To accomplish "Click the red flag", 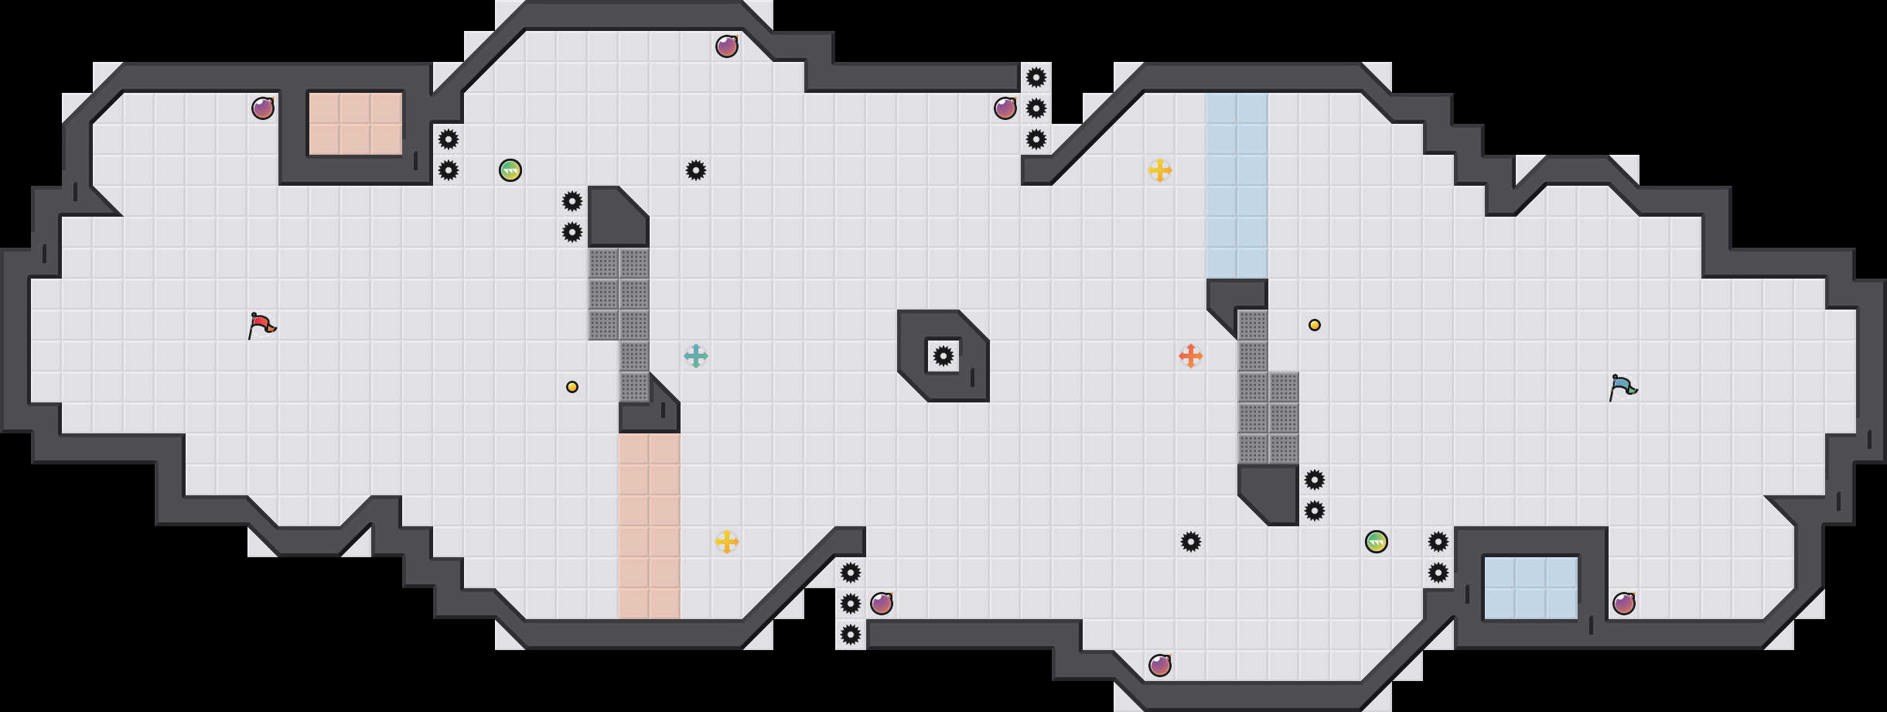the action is [x=261, y=325].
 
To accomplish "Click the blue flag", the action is [x=1623, y=387].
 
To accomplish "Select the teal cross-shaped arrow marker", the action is [x=696, y=356].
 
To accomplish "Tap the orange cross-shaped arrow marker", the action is [x=1191, y=356].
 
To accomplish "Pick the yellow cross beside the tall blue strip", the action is [x=1160, y=170].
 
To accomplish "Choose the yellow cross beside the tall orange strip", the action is [x=727, y=542].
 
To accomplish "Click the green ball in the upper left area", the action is [x=510, y=170].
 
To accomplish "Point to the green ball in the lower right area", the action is [x=1377, y=542].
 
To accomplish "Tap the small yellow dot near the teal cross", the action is [x=572, y=387].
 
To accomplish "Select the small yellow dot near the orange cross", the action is [x=1315, y=325].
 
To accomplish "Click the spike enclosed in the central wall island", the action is [x=943, y=356].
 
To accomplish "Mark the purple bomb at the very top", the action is [x=727, y=46].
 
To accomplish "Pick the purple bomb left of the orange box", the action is [x=263, y=108].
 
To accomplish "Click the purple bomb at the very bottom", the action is [x=1160, y=666].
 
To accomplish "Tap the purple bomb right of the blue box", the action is [x=1624, y=604].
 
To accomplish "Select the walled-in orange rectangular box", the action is [x=356, y=124].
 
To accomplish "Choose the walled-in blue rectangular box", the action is [x=1531, y=588].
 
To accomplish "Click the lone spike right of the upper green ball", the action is [x=696, y=170].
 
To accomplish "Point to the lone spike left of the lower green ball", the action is [x=1191, y=542].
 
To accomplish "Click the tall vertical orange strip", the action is [x=650, y=526].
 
